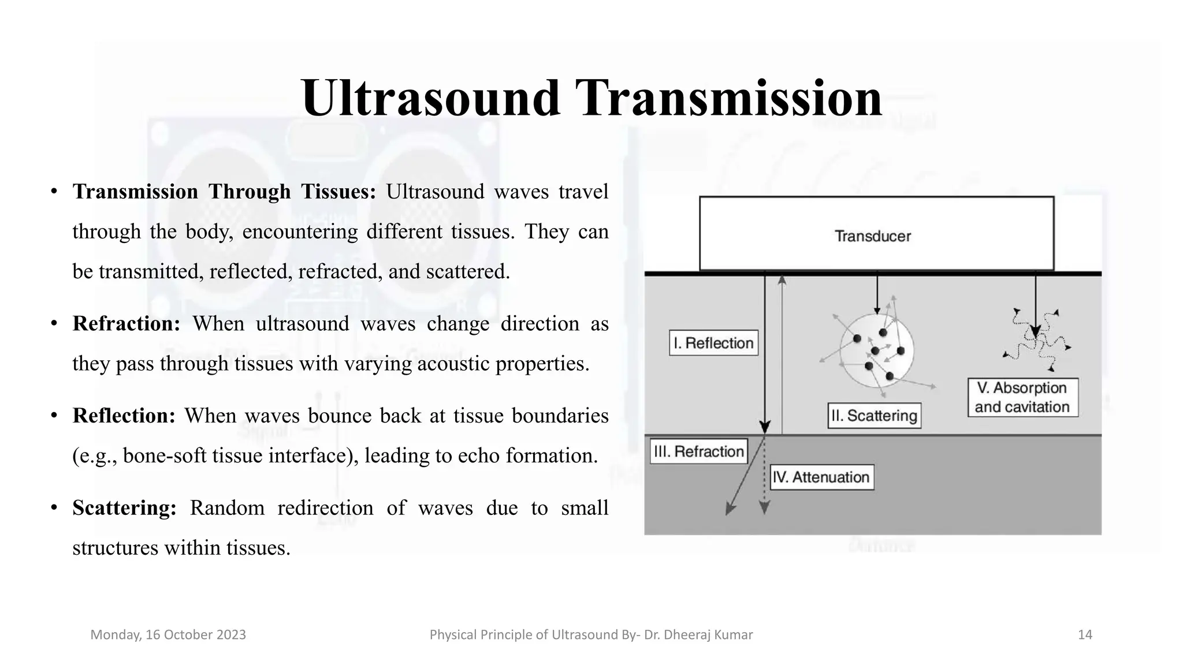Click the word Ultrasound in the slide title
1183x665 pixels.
tap(430, 98)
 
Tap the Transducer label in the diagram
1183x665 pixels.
tap(872, 236)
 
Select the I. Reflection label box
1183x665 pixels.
tap(713, 343)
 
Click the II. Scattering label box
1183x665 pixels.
tap(874, 416)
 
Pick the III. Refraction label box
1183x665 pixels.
tap(698, 451)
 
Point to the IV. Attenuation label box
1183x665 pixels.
tap(821, 477)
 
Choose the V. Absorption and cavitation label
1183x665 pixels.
tap(1022, 397)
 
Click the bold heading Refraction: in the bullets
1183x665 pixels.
tap(127, 324)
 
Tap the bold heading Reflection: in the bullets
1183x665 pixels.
tap(124, 416)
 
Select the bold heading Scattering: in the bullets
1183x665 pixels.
tap(124, 508)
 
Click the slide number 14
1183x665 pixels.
tap(1085, 635)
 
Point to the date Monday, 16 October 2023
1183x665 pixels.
tap(168, 635)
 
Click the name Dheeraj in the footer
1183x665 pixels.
tap(689, 635)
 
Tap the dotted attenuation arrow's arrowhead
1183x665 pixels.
tap(764, 508)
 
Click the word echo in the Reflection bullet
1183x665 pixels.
tap(479, 456)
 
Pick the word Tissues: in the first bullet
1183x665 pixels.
tap(338, 192)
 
